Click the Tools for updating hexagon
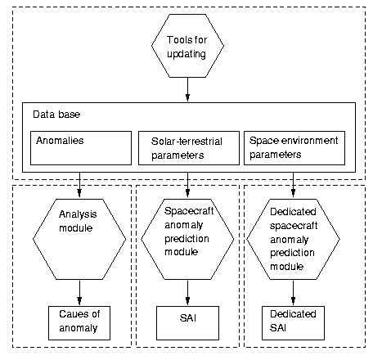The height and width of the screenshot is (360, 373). [x=187, y=46]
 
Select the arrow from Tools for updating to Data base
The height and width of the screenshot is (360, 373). [x=187, y=89]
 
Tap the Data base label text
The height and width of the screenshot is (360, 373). [x=56, y=115]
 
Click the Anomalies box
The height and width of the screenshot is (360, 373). [x=81, y=148]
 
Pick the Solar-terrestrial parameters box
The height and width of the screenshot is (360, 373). [x=189, y=148]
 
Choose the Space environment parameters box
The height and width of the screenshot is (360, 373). [x=294, y=148]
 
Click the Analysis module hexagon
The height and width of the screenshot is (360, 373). [x=79, y=239]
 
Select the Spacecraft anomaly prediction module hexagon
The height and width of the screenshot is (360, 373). [x=187, y=239]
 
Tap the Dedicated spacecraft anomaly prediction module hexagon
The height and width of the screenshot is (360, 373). [x=293, y=239]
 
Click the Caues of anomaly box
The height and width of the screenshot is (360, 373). [x=79, y=323]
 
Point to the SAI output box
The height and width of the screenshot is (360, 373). [x=187, y=323]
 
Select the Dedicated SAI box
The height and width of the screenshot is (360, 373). [x=293, y=323]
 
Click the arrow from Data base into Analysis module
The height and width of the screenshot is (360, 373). [x=79, y=185]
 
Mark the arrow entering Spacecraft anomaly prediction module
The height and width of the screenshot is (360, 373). [x=187, y=185]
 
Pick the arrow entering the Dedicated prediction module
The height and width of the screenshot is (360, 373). [x=293, y=185]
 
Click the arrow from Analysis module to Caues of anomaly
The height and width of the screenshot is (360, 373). [x=79, y=293]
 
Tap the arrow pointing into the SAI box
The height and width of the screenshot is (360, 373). [x=187, y=293]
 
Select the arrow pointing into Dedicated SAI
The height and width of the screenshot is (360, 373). [x=293, y=293]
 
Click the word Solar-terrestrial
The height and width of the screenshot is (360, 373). [x=186, y=142]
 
